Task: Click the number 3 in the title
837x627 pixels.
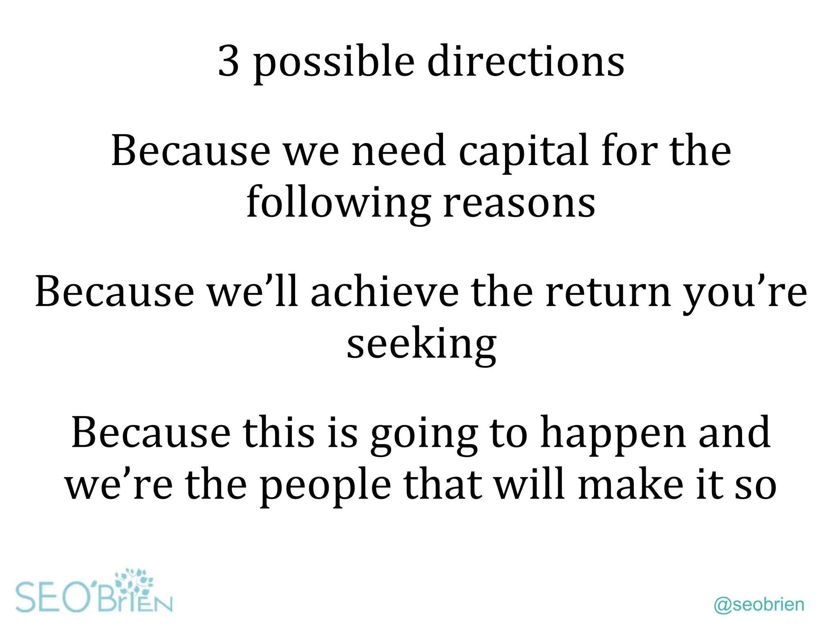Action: tap(228, 61)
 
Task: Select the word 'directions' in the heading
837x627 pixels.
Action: tap(526, 61)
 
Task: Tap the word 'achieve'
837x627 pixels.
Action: tap(385, 292)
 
